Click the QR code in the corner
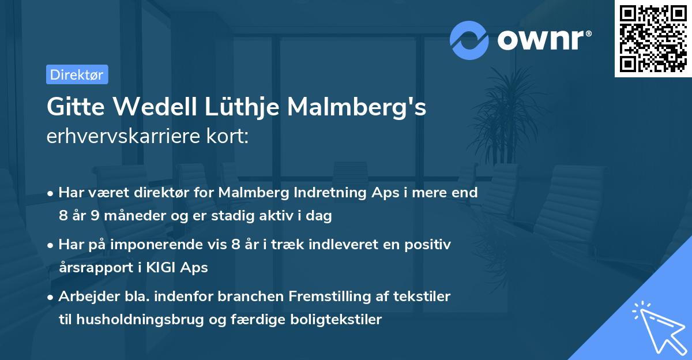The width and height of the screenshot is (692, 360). click(653, 39)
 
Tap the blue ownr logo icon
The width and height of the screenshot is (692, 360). click(469, 40)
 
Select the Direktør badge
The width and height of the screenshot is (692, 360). click(77, 74)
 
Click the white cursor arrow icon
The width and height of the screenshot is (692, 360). click(657, 327)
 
